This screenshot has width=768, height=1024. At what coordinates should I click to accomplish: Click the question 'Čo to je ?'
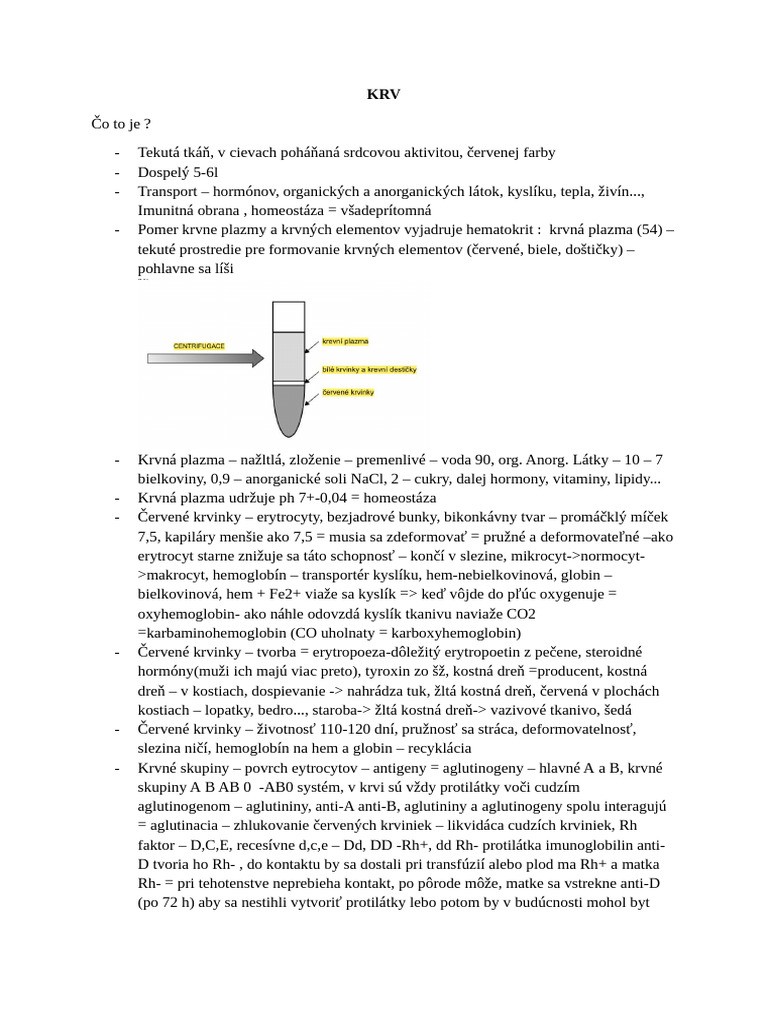tap(121, 124)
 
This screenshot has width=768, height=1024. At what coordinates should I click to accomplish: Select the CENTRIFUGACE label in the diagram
tap(199, 345)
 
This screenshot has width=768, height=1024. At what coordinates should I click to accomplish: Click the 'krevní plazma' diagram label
tap(346, 341)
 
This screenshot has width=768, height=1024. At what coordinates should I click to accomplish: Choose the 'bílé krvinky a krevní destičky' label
tap(369, 369)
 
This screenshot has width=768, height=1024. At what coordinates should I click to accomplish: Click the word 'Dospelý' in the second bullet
tap(163, 172)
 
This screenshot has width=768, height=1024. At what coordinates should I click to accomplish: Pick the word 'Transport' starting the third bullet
tap(168, 191)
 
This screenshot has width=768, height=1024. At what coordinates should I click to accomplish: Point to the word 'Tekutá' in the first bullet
tap(160, 153)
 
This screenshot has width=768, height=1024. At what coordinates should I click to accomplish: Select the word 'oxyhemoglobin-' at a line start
tap(185, 613)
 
